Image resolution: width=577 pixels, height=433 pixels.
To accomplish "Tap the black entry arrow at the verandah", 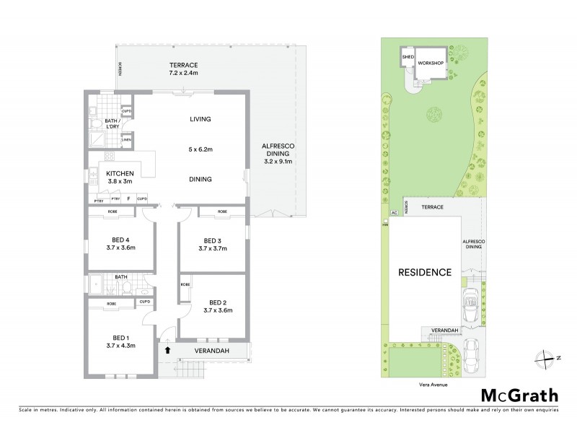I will pyautogui.click(x=167, y=351).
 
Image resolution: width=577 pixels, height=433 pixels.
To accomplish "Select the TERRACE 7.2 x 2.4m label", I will pyautogui.click(x=183, y=69).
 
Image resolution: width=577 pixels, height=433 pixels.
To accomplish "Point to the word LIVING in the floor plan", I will pyautogui.click(x=200, y=119).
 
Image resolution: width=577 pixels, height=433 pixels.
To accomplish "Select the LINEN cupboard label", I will pyautogui.click(x=126, y=140).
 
